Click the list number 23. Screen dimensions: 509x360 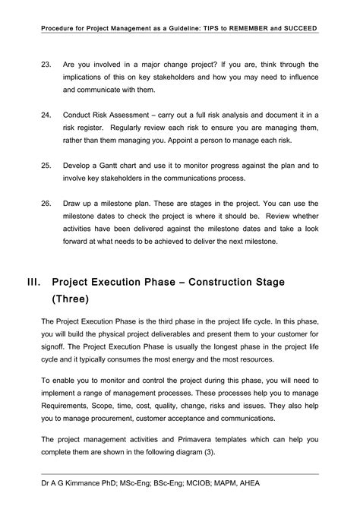pyautogui.click(x=46, y=65)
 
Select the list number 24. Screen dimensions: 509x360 pyautogui.click(x=46, y=114)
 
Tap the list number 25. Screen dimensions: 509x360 pyautogui.click(x=46, y=164)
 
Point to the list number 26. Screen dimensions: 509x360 pyautogui.click(x=46, y=204)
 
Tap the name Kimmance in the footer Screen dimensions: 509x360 pyautogui.click(x=87, y=483)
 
